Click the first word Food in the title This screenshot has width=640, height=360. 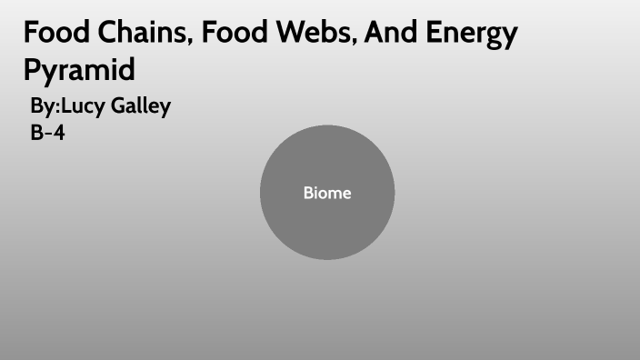pyautogui.click(x=52, y=34)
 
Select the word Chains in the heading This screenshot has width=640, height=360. pyautogui.click(x=137, y=34)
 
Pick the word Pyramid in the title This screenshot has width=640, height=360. pyautogui.click(x=79, y=70)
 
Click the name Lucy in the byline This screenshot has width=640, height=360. pyautogui.click(x=85, y=107)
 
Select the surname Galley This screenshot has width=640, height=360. pyautogui.click(x=142, y=107)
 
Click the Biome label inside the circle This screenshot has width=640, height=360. pyautogui.click(x=327, y=193)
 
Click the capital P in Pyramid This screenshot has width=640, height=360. pyautogui.click(x=34, y=69)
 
